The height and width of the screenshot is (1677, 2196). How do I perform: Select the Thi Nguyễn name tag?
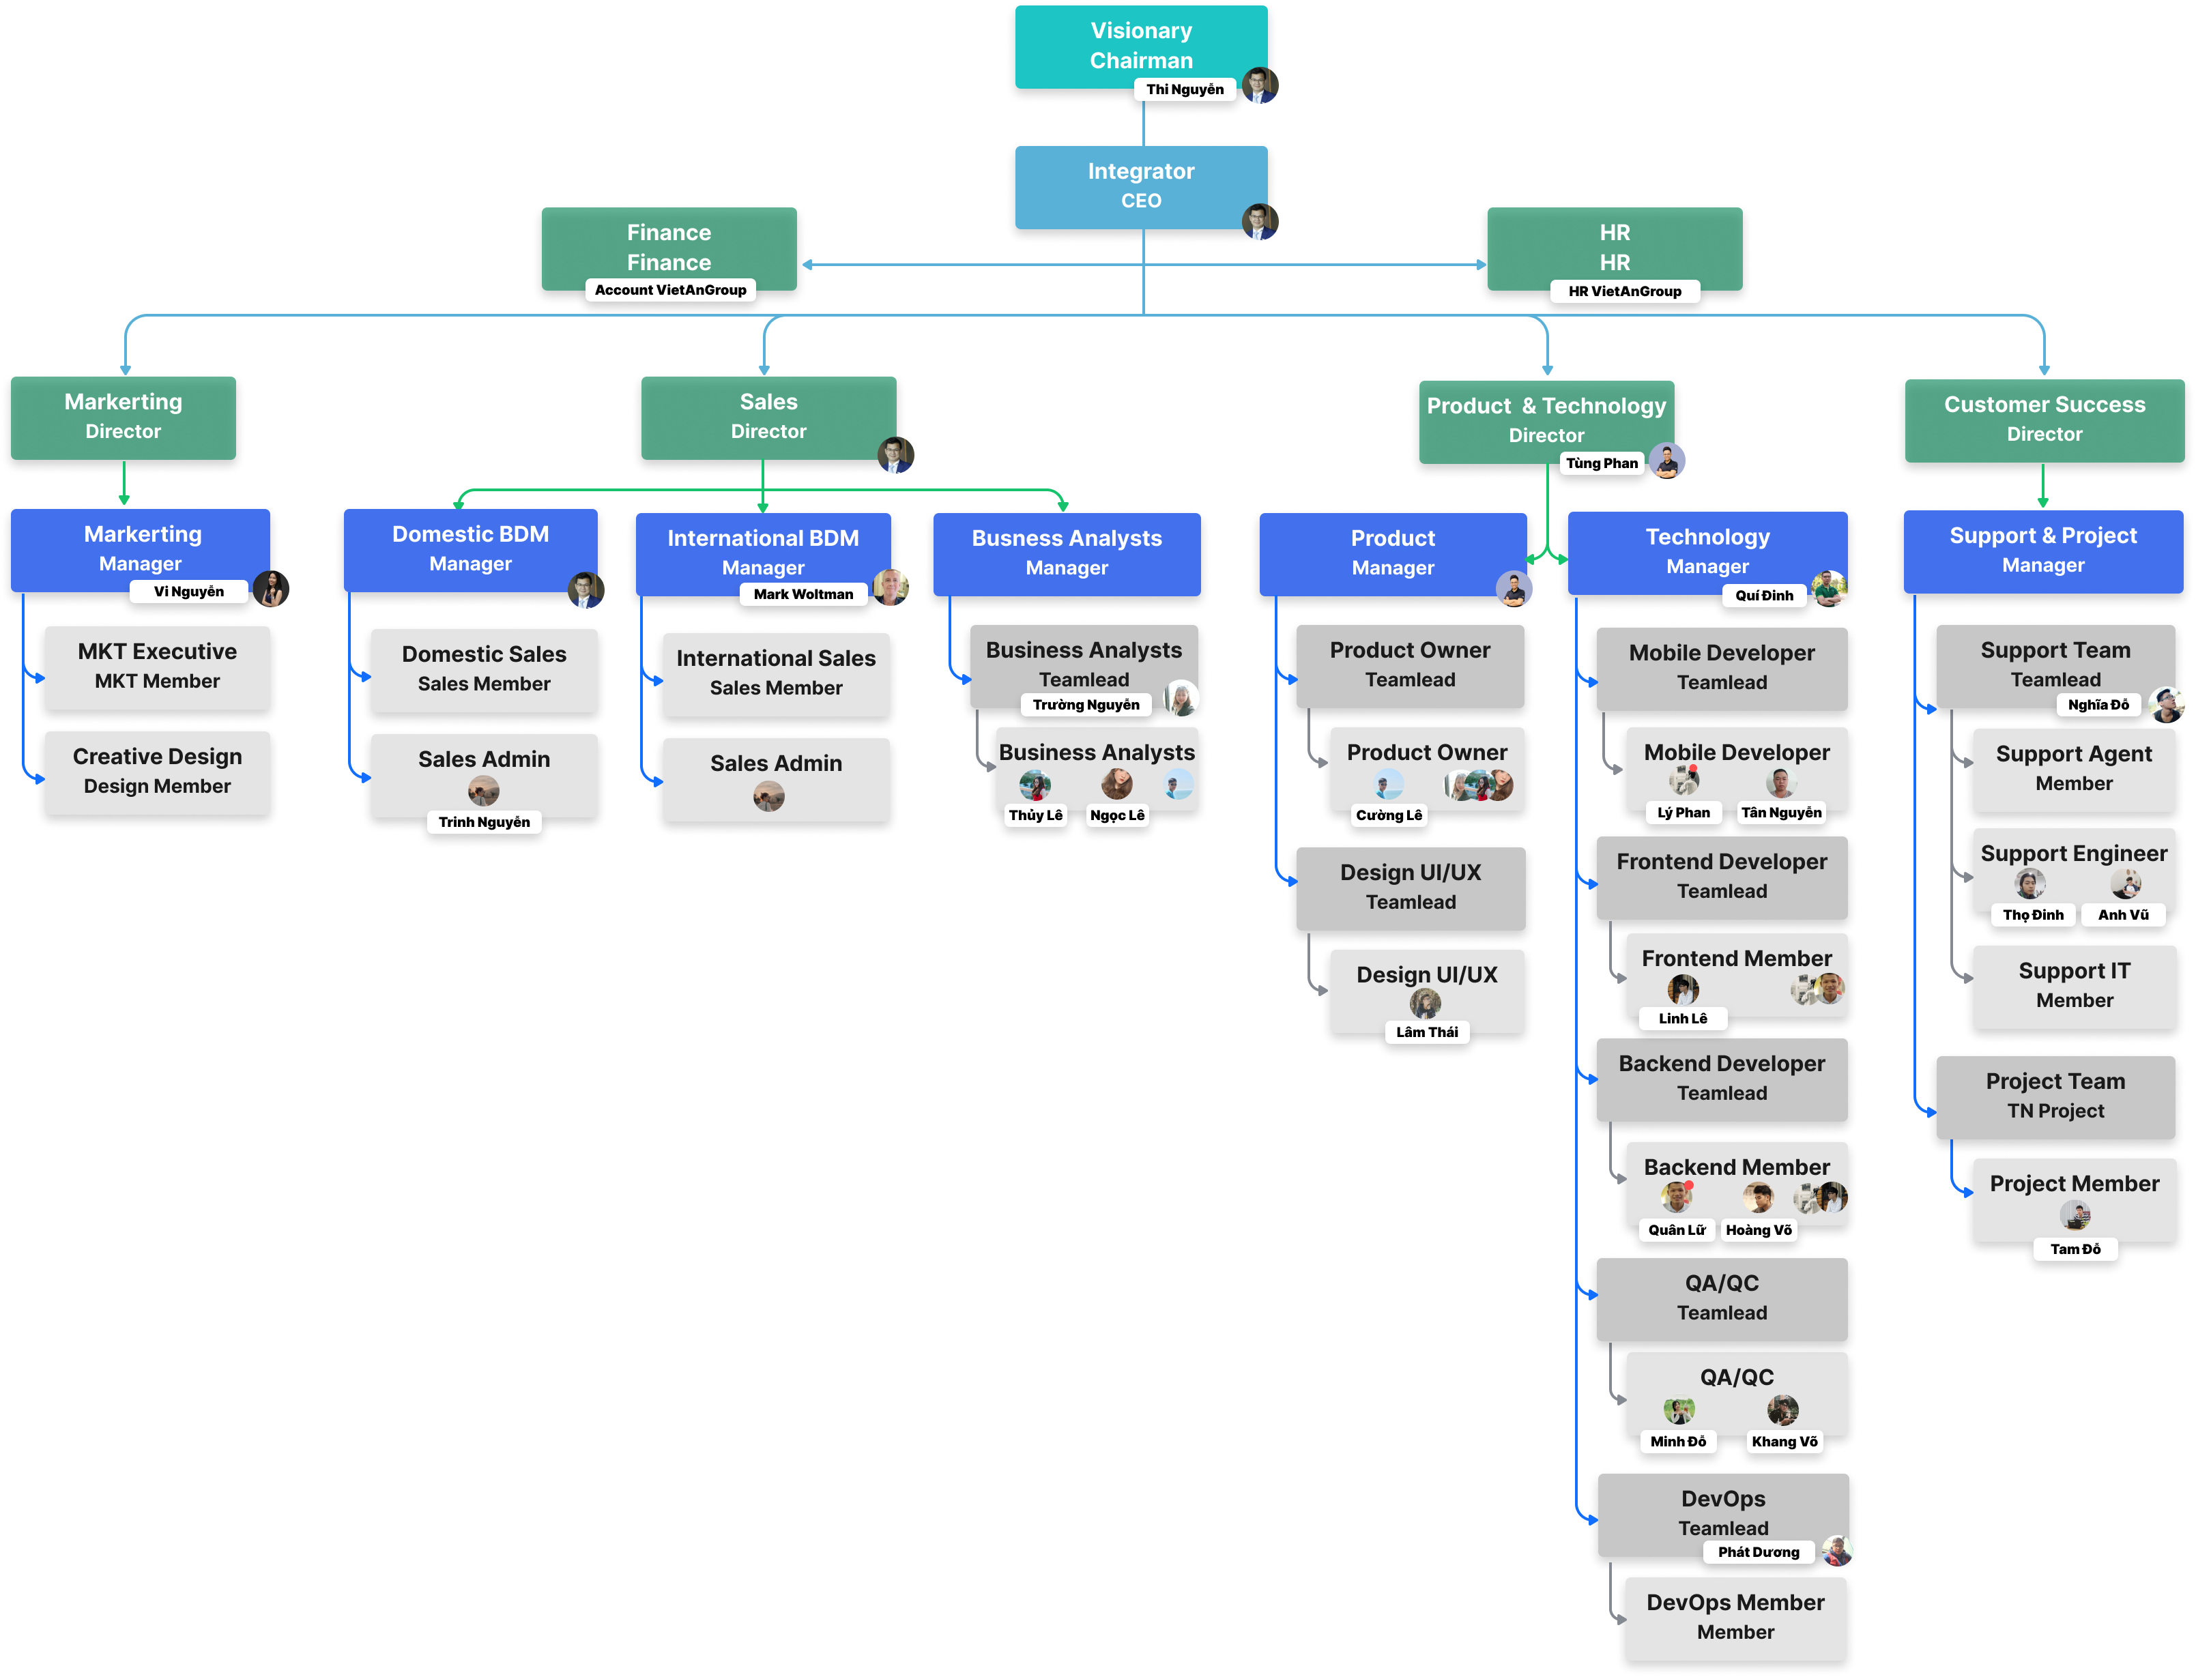tap(1184, 90)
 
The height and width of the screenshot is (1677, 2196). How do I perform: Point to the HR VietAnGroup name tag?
tap(1624, 291)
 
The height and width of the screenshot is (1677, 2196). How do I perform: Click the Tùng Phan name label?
tap(1601, 463)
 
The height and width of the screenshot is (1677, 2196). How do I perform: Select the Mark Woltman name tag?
tap(803, 595)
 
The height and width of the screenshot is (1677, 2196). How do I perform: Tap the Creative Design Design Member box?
tap(157, 771)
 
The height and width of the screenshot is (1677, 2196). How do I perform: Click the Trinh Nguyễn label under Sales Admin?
tap(484, 823)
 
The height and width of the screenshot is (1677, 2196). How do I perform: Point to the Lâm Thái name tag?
tap(1426, 1032)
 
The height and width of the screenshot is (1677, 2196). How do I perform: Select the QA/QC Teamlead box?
tap(1721, 1298)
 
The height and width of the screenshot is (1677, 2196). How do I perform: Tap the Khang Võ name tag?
tap(1784, 1442)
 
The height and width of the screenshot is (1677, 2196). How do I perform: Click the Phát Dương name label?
tap(1758, 1552)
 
